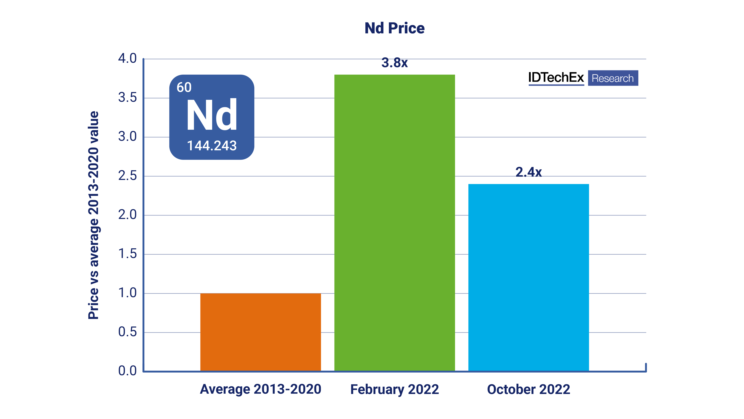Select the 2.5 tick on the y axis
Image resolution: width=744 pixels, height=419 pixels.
(127, 176)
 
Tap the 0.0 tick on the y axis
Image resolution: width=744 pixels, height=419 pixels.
(127, 371)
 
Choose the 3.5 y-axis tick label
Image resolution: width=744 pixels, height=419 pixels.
(127, 98)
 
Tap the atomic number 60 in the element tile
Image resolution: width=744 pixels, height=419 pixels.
(184, 87)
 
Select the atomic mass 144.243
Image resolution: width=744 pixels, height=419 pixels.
(212, 145)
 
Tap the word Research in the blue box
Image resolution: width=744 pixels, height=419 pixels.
(613, 78)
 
